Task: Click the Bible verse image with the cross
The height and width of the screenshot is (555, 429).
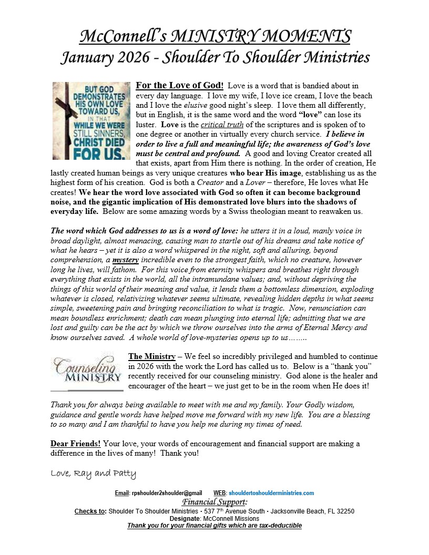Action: click(91, 120)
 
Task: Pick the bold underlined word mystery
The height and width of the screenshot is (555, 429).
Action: click(125, 260)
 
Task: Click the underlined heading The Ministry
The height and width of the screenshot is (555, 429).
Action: click(152, 356)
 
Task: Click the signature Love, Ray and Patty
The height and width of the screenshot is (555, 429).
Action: click(93, 474)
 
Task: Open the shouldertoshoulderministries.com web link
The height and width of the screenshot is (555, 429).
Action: click(271, 493)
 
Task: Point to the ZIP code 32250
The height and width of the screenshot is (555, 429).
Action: click(345, 511)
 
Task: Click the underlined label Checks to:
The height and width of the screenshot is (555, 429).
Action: click(90, 511)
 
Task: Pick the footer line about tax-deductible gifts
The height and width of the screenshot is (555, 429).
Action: click(214, 526)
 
